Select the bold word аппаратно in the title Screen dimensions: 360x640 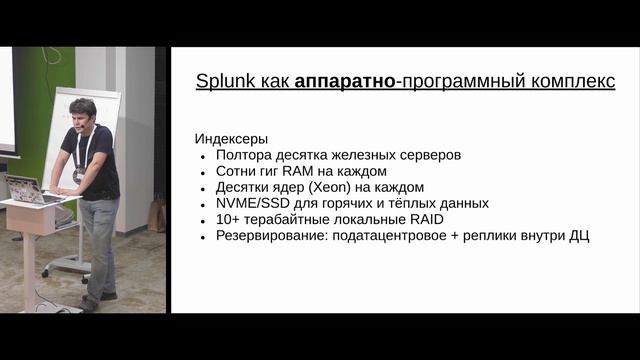(343, 82)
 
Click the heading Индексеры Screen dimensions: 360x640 (231, 139)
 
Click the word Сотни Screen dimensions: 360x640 (236, 171)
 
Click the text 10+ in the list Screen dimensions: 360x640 (228, 219)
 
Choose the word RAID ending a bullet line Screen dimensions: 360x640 (422, 219)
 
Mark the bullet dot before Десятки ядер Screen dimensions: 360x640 (203, 188)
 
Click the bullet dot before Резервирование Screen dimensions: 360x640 (203, 236)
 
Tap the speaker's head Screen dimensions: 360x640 (83, 112)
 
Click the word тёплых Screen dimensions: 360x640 (421, 203)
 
